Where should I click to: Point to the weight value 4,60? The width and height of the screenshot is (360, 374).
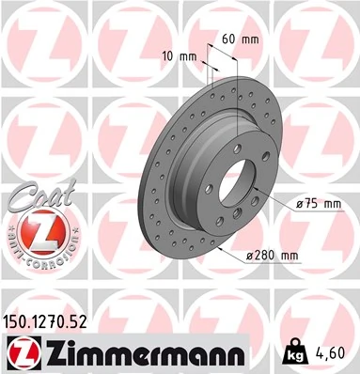pos(333,352)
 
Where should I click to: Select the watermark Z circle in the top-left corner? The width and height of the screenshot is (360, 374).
pos(38,38)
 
